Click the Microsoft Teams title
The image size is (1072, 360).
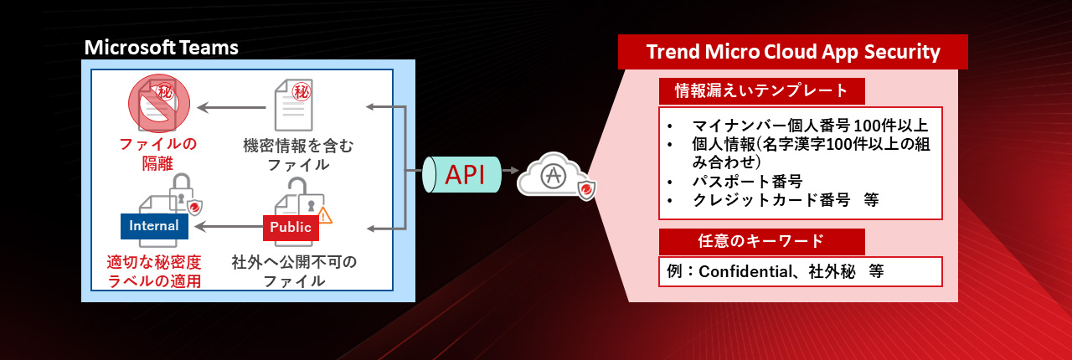pos(162,48)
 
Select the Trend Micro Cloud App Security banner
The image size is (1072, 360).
pos(793,52)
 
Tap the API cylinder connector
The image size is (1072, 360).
pos(461,174)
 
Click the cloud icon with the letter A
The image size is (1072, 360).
pos(554,176)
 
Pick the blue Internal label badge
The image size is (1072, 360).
pos(154,225)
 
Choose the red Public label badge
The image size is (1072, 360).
pos(291,228)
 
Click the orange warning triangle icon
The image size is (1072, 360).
pos(324,216)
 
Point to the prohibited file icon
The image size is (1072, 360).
pos(159,103)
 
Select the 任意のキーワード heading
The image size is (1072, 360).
pos(761,241)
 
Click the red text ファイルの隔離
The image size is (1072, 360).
pos(157,154)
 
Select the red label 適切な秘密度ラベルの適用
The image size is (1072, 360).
pos(154,271)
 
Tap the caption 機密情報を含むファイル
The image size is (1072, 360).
pos(298,155)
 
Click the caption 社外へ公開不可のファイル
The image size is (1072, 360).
pos(294,271)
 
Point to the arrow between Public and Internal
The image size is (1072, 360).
pos(229,226)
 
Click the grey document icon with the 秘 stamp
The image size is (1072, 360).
pos(293,105)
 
